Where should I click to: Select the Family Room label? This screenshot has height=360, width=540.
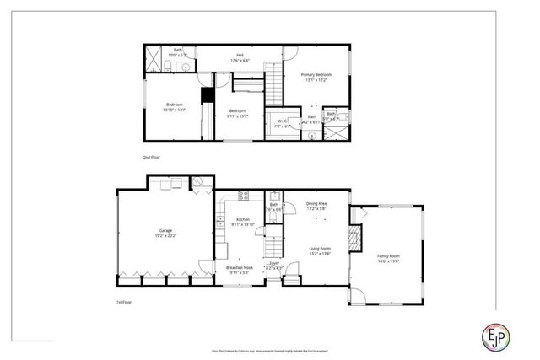click(388, 255)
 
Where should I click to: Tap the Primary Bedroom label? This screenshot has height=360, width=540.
click(316, 74)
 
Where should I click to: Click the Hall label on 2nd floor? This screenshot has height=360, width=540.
click(240, 55)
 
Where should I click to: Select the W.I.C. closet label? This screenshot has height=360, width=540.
click(283, 120)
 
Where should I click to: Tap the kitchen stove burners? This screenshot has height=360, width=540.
click(242, 196)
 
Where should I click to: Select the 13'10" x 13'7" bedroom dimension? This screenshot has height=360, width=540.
click(175, 109)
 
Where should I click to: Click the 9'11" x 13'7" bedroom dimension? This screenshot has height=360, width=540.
click(238, 116)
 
